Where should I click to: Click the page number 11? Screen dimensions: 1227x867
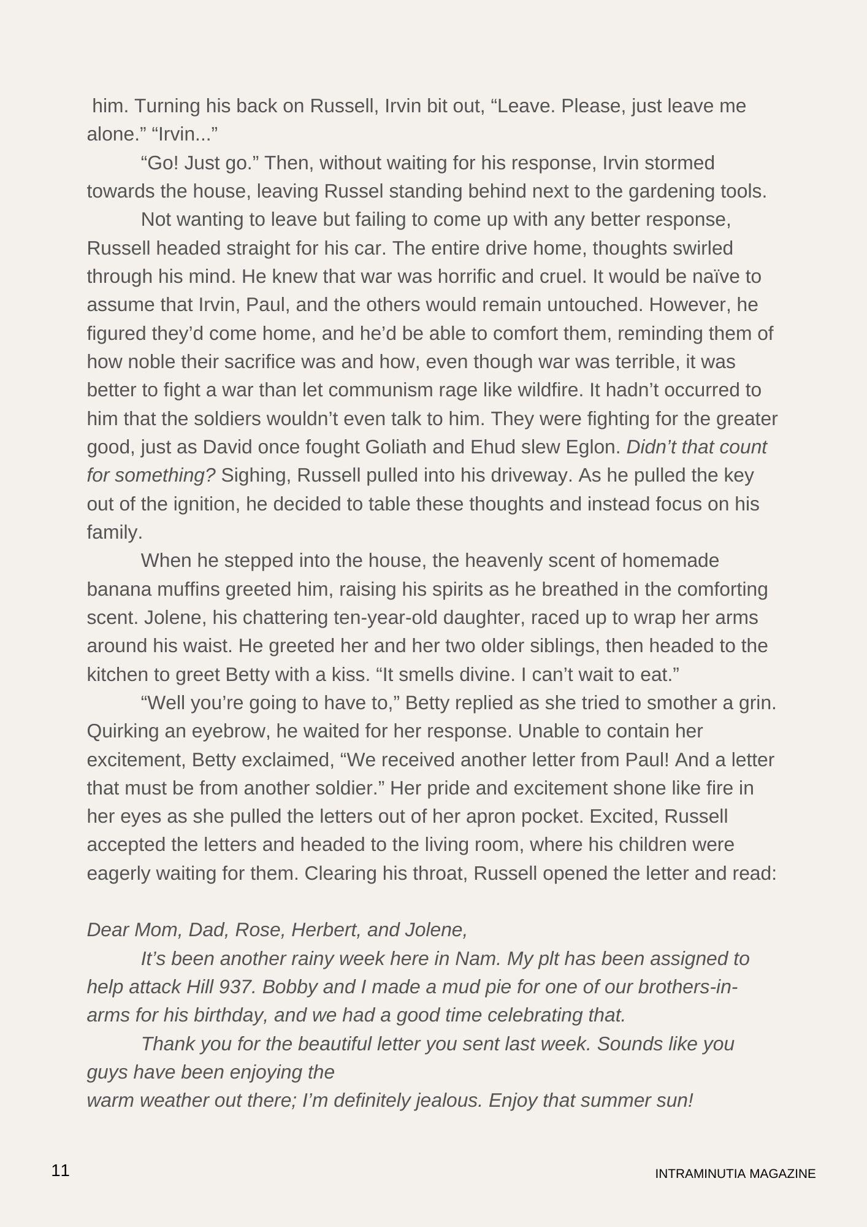click(x=61, y=1170)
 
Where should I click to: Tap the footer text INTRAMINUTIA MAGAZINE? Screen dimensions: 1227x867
click(x=735, y=1174)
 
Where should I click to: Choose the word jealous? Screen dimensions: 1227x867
click(x=449, y=1101)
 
